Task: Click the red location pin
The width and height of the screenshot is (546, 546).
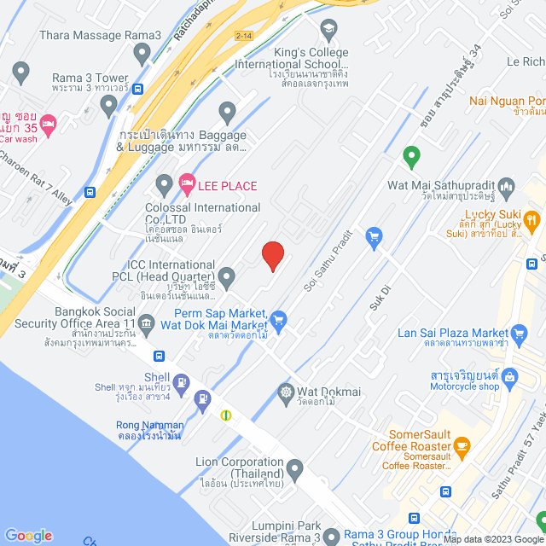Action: click(x=272, y=255)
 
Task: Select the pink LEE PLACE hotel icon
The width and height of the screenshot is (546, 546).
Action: click(x=187, y=185)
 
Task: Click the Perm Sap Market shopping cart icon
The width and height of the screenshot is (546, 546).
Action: click(x=278, y=320)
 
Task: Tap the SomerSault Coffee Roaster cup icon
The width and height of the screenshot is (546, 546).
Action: click(x=462, y=445)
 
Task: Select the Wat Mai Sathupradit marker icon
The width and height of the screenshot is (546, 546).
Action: click(x=507, y=185)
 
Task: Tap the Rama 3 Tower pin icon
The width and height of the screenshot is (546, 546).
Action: click(x=108, y=106)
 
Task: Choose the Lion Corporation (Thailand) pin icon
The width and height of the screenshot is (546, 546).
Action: click(x=294, y=468)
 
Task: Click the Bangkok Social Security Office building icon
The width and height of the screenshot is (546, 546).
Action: click(x=147, y=322)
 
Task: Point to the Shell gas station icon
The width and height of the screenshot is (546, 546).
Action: click(x=181, y=382)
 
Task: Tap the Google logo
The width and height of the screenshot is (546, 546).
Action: click(x=28, y=535)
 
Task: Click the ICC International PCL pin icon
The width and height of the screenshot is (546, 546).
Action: click(x=226, y=276)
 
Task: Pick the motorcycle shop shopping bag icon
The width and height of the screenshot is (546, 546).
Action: click(x=510, y=375)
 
